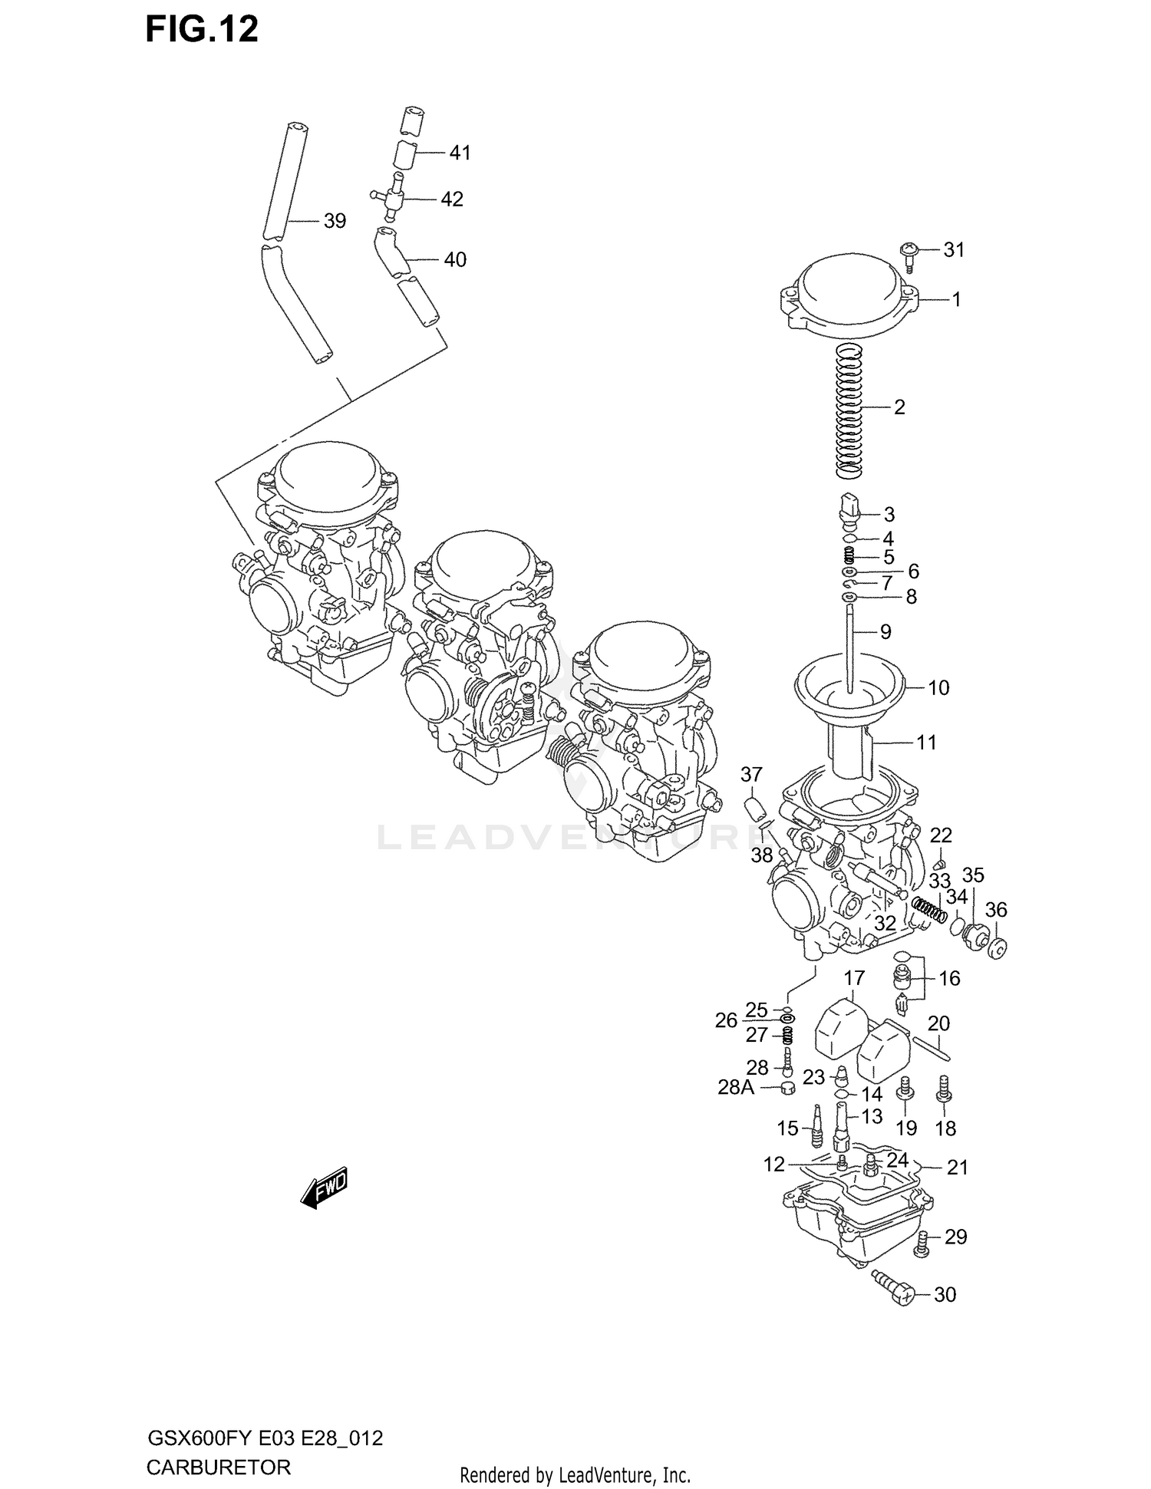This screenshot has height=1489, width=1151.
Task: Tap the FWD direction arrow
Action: pos(325,1188)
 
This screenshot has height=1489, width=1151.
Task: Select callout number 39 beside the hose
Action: pos(335,221)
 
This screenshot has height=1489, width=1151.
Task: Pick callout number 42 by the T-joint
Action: pos(452,199)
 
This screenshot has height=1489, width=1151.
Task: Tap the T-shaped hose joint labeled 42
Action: pos(394,197)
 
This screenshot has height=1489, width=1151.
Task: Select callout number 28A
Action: pos(736,1087)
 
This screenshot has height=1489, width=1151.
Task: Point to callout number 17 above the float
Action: pos(854,978)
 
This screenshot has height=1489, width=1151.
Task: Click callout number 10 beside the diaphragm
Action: pos(938,687)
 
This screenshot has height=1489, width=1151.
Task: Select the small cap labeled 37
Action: pos(754,808)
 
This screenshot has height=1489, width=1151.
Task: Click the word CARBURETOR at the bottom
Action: pos(218,1468)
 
